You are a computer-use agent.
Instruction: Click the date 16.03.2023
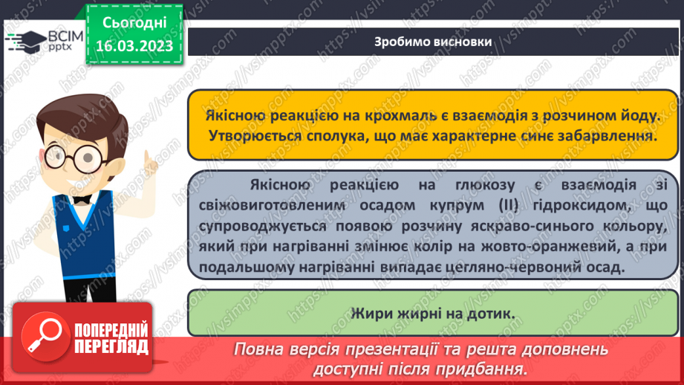(x=134, y=46)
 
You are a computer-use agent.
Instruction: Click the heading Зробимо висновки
(x=433, y=42)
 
